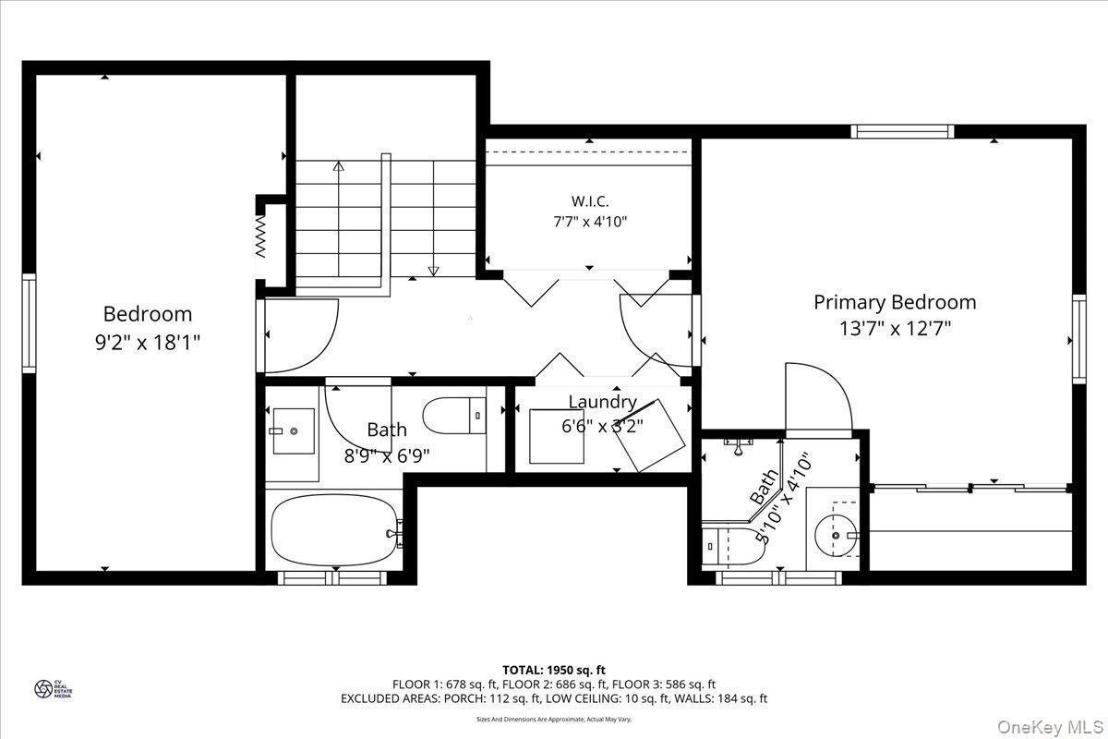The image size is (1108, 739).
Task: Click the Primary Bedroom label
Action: (894, 302)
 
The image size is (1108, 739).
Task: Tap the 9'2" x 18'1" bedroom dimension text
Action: (148, 340)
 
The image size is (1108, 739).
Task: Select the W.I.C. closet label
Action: (589, 200)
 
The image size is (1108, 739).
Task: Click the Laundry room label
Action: (601, 402)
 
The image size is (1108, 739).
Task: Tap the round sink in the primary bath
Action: (836, 534)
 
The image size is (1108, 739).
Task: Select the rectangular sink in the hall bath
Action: (294, 431)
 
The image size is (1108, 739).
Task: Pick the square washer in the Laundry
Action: (556, 436)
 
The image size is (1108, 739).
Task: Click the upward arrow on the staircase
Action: (338, 167)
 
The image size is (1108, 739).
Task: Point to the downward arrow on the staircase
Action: (433, 271)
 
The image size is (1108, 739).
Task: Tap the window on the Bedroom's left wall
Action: (29, 323)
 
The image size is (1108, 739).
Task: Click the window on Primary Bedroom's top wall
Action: (902, 131)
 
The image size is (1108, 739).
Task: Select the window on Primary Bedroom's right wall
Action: (1079, 338)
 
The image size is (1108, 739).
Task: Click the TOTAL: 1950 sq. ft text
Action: (554, 669)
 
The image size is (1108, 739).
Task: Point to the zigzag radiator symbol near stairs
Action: (261, 237)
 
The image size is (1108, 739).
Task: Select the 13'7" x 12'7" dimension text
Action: (894, 327)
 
